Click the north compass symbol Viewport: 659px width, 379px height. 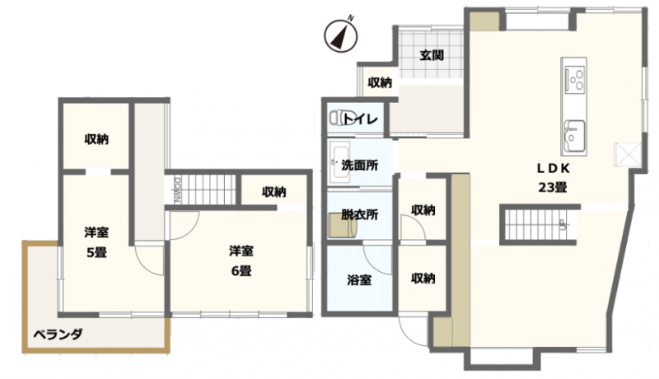(341, 35)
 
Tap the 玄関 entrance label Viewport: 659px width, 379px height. (432, 55)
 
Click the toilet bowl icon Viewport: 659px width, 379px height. (337, 118)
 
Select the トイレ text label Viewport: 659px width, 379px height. (361, 119)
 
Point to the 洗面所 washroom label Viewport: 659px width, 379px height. (360, 165)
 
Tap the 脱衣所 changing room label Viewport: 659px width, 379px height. (360, 214)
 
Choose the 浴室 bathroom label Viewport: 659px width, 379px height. (359, 279)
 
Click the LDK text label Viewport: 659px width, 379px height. (553, 169)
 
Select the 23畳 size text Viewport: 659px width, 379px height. (553, 187)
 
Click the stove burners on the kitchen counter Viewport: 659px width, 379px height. (574, 77)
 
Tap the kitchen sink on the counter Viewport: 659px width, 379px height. (574, 136)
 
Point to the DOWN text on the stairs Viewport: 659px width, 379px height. (177, 190)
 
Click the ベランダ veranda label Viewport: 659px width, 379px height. (58, 335)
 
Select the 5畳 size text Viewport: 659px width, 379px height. (96, 252)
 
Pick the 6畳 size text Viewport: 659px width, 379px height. (241, 271)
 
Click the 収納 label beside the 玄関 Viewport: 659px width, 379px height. (380, 82)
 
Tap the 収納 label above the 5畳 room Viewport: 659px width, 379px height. (96, 138)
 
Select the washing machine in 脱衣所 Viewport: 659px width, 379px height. (343, 225)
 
